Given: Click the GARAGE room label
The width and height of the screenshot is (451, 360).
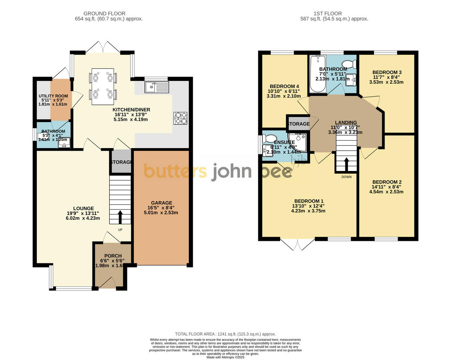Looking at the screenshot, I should point(162,203).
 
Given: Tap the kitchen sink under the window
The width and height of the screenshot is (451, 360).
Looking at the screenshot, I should point(157,87).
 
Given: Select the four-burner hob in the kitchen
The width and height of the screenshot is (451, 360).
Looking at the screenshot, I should point(180,118).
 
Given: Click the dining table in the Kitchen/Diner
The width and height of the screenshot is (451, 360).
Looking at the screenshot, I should point(103,87).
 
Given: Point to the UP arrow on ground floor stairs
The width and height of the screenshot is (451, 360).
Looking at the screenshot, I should point(120,217).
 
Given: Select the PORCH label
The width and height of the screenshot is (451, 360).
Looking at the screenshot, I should point(113,256).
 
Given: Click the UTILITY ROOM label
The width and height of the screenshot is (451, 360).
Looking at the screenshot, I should point(53,96).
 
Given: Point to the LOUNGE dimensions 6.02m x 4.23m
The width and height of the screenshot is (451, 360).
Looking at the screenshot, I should point(83,218).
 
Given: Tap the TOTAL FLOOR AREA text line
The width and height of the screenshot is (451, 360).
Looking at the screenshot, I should point(225,334).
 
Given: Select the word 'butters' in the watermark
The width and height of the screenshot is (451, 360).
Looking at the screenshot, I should point(175,171).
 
